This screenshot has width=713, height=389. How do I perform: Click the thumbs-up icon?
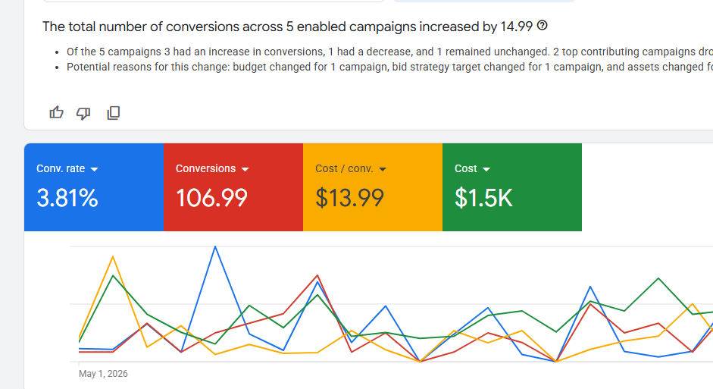56,112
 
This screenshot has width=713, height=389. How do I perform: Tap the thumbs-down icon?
83,113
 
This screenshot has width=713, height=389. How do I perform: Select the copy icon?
113,113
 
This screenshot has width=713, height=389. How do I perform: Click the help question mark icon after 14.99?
542,26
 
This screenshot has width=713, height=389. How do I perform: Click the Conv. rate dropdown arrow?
94,169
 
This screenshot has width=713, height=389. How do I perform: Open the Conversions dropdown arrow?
245,169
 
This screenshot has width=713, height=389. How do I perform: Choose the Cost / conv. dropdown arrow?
383,169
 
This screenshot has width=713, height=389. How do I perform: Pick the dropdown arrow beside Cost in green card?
486,169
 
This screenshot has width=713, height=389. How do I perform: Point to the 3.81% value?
67,198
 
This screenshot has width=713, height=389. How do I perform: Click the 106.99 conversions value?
211,198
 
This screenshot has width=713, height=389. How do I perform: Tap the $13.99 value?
349,198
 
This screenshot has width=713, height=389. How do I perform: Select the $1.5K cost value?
483,198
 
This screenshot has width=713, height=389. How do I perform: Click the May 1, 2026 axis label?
103,374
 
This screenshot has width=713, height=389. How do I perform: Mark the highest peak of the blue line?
215,246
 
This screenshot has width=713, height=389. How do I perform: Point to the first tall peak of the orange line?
113,257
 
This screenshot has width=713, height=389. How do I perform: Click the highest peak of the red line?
317,275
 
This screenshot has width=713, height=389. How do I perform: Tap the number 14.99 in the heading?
517,27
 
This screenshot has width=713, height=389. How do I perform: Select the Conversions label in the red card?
205,168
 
